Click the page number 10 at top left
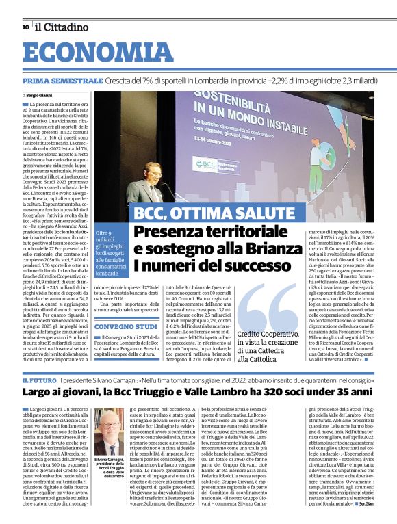tap(25, 27)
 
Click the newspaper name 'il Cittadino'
tap(62, 27)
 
